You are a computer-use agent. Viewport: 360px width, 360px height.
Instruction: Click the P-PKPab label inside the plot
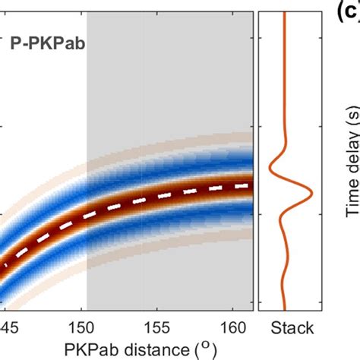pyautogui.click(x=47, y=44)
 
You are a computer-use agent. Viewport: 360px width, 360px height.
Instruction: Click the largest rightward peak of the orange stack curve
pyautogui.click(x=312, y=194)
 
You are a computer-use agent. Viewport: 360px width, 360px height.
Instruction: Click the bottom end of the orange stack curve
pyautogui.click(x=284, y=308)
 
